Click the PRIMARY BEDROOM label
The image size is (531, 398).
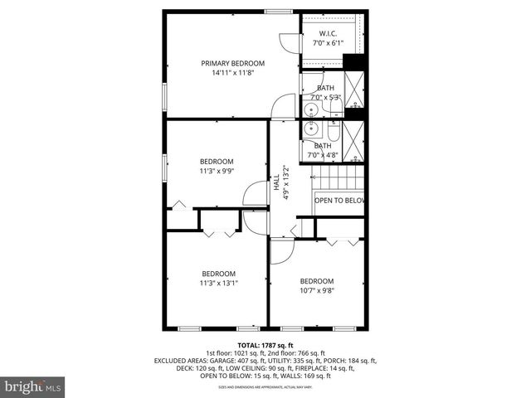(x=232, y=63)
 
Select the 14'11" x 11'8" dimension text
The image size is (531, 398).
(x=232, y=73)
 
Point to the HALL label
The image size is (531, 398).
(x=276, y=183)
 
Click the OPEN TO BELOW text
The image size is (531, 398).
(x=339, y=201)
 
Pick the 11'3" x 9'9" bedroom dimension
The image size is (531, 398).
(x=217, y=171)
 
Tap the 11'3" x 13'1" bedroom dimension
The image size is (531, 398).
(x=218, y=283)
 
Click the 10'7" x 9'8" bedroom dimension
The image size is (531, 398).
(x=316, y=290)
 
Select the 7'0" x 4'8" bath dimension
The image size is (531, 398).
(x=323, y=155)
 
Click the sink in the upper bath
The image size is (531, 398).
(x=312, y=108)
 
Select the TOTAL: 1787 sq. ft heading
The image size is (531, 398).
(x=265, y=345)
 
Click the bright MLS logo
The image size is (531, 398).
(x=32, y=386)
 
